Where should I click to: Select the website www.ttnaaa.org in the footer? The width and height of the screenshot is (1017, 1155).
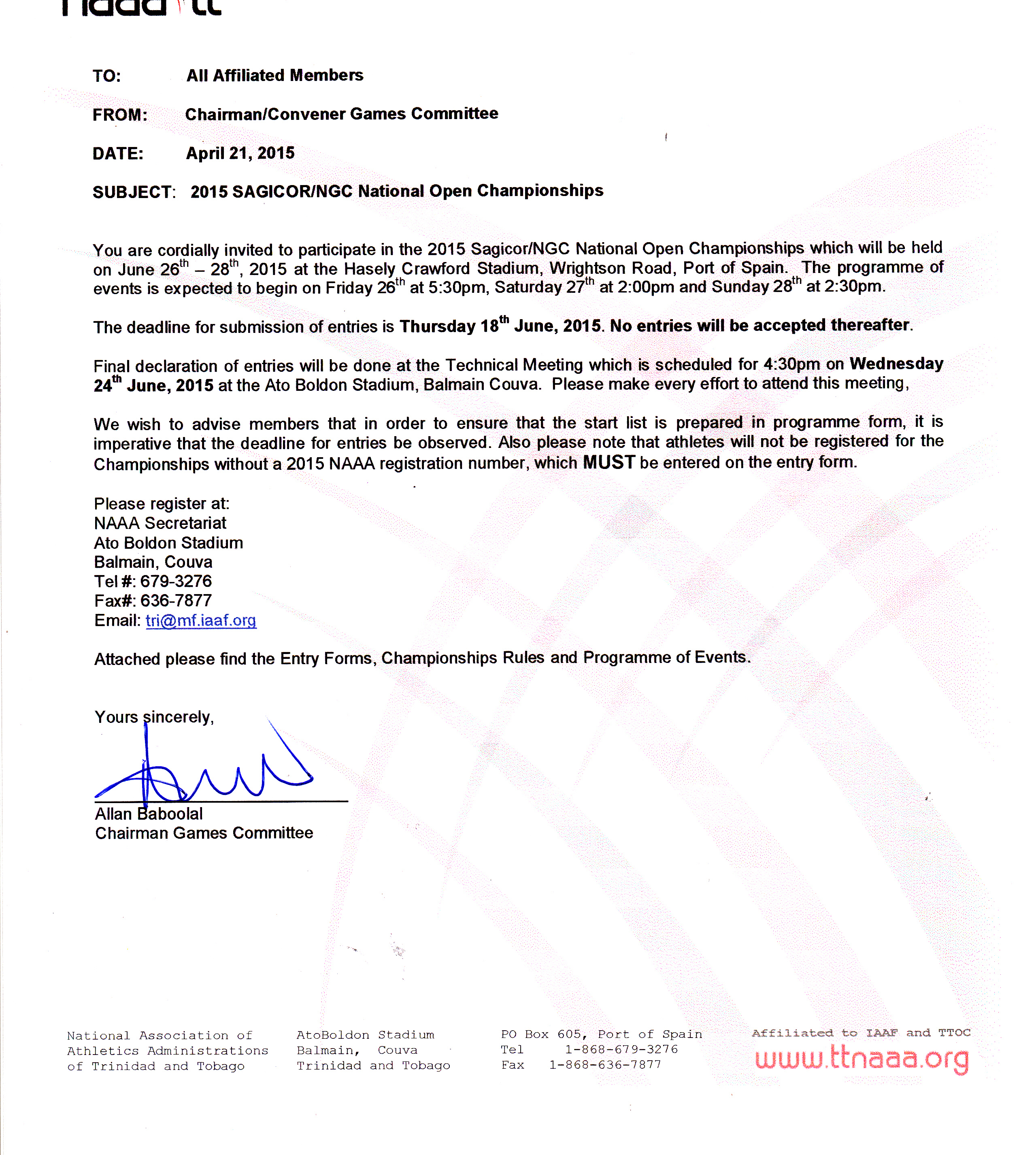point(862,1059)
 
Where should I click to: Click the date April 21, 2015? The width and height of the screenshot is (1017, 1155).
point(240,153)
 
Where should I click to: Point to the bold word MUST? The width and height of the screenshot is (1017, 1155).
point(608,462)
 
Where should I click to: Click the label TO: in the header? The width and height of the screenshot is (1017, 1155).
point(107,76)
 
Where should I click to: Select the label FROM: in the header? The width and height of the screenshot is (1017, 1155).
point(120,115)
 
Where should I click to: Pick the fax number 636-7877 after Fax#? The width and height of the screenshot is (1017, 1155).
point(176,601)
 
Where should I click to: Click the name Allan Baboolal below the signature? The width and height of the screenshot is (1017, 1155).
point(149,814)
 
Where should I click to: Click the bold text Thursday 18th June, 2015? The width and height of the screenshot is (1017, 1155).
point(500,326)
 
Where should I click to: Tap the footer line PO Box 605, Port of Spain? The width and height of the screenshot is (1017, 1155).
point(601,1034)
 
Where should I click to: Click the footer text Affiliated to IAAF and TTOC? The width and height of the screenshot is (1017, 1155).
point(860,1033)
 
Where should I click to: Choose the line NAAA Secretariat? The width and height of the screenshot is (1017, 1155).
point(160,523)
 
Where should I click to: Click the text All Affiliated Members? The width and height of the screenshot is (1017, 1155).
point(274,75)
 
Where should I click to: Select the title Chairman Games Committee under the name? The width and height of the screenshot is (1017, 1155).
point(203,833)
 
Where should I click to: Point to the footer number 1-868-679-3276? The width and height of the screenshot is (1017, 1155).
point(621,1049)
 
